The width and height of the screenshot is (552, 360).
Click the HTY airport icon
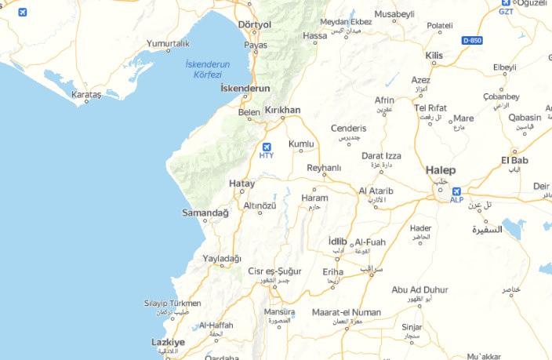point(267,147)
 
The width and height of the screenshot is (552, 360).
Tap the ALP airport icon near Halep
point(456,191)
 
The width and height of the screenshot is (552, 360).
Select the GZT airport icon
point(507,3)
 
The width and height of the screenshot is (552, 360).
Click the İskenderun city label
point(245,88)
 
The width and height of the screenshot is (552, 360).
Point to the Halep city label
point(441,169)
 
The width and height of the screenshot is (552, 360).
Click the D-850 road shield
point(472,39)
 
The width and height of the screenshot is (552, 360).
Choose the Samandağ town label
point(205,213)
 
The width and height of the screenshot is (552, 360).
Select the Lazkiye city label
point(168,342)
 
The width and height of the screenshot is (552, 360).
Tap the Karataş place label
point(87,94)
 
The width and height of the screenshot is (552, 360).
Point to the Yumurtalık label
point(168,43)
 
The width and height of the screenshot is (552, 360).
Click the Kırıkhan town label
point(283,111)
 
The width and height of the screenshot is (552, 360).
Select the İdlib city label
point(337,240)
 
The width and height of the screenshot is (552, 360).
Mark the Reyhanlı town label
point(324,167)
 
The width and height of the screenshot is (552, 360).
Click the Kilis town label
point(434,56)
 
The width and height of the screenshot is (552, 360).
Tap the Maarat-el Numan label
point(346,312)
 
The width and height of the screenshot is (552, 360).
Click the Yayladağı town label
point(222,258)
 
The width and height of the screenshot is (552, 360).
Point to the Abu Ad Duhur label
point(419,289)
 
